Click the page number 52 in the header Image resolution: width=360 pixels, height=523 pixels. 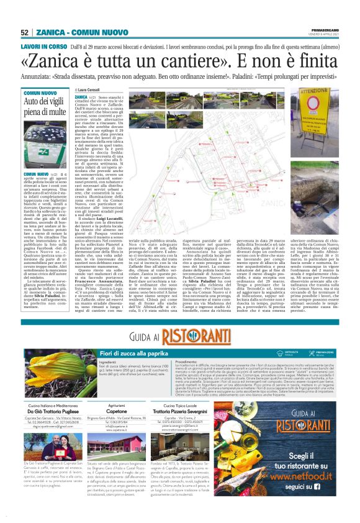[x=25, y=32]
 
